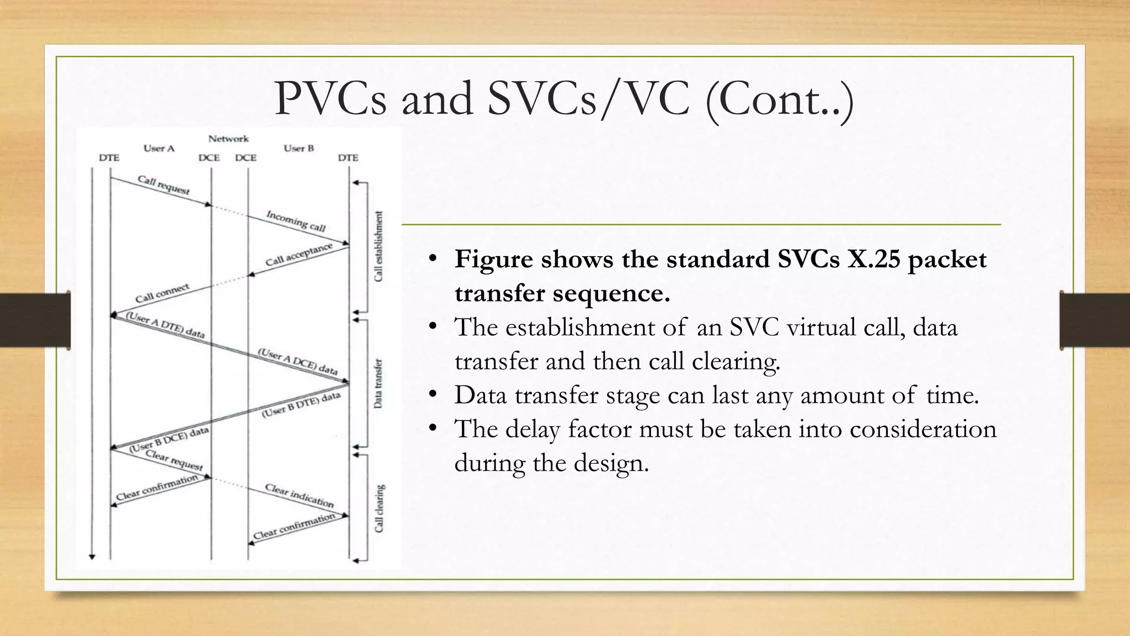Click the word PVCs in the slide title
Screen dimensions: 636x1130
coord(330,99)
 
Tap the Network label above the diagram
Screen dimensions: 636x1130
coord(228,139)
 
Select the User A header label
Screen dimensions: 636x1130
coord(159,148)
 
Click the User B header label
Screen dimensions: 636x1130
coord(299,148)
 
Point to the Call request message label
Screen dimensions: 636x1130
coord(163,185)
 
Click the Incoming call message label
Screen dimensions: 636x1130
coord(296,221)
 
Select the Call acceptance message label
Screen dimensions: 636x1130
coord(299,254)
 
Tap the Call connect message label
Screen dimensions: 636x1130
coord(162,293)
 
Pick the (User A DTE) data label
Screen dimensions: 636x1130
coord(166,325)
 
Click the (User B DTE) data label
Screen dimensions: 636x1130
coord(301,405)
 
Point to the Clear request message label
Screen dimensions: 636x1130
coord(174,460)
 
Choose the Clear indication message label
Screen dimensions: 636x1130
coord(299,495)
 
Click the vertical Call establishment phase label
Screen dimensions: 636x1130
coord(379,246)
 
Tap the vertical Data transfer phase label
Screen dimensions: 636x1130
coord(378,384)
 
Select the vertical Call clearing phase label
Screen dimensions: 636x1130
coord(379,508)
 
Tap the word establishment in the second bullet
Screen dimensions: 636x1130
coord(580,327)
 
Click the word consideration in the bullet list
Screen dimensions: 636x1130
coord(923,429)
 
